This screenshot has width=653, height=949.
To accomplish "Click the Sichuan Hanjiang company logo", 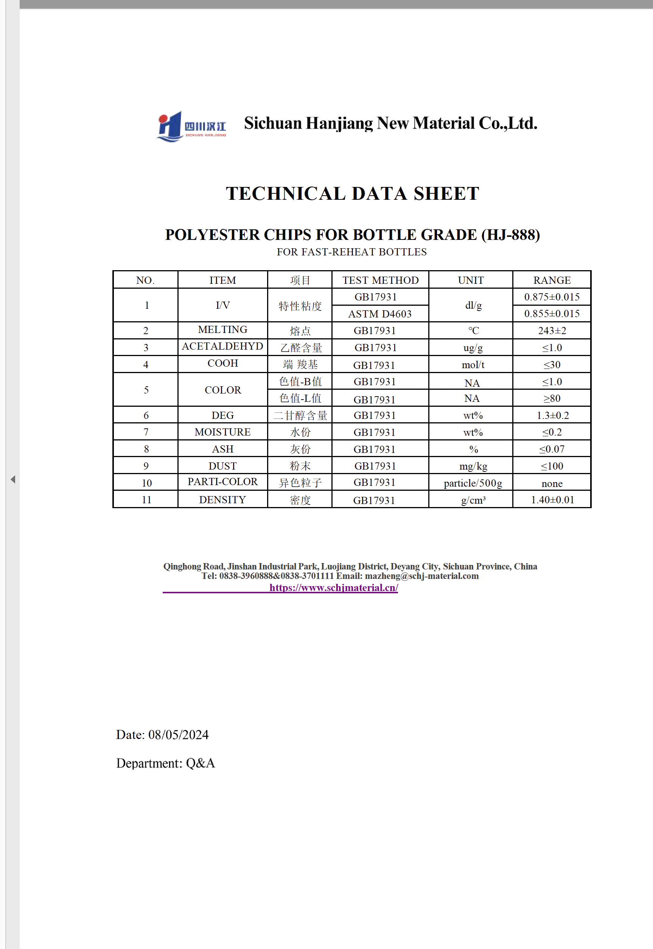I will (x=191, y=126).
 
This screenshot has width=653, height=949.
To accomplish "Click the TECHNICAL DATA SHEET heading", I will (x=352, y=194).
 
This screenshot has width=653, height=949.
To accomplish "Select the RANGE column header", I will (x=552, y=280).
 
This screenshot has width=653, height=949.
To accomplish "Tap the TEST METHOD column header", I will (x=380, y=280).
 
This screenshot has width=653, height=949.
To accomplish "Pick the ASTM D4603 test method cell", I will (x=380, y=314).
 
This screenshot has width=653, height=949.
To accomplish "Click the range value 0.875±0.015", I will (x=552, y=297).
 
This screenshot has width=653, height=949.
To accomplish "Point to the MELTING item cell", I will (x=222, y=330).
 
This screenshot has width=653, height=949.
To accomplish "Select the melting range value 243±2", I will (x=552, y=331).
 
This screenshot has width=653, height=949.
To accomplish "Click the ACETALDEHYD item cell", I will (x=222, y=347).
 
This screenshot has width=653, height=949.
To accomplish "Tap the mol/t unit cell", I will (x=473, y=365).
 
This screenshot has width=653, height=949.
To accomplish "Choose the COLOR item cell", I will (x=222, y=390).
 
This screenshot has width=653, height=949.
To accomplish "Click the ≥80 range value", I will (x=552, y=398).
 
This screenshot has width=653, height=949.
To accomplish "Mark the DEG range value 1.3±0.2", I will (x=552, y=415).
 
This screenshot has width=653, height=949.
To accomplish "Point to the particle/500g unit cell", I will (x=473, y=483).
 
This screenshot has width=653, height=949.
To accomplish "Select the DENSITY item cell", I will (x=222, y=500).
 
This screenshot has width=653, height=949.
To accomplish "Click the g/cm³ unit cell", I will (x=473, y=500).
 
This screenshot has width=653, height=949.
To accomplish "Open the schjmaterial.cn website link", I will (x=333, y=588).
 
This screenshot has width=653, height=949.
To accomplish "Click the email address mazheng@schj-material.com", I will (x=421, y=576).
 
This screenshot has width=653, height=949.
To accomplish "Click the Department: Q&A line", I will (x=165, y=763).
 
